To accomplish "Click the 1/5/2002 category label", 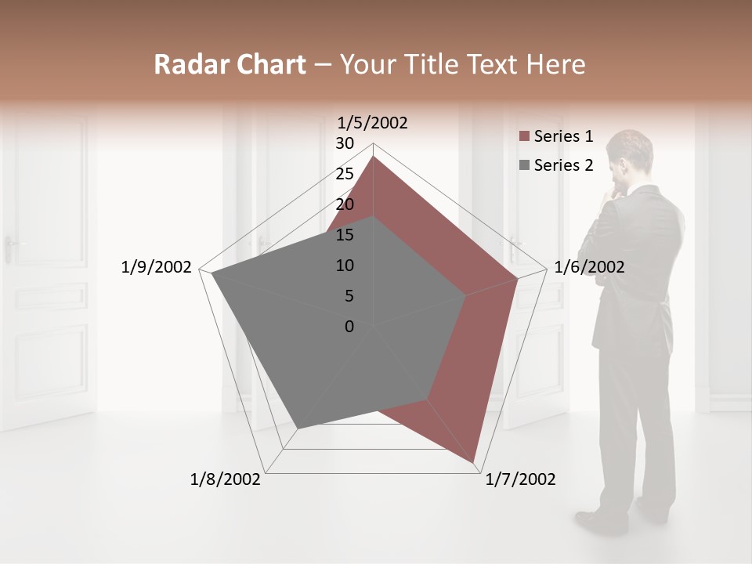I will coord(372,123).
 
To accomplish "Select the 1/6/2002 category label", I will coord(589,267).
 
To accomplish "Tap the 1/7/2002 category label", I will coord(520,479).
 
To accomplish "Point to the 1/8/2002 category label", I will coord(226,479).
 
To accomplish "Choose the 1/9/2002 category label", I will coord(157,267).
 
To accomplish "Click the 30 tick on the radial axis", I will coord(345,143).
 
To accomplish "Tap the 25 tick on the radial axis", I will coord(345,174).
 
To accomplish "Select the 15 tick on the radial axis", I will coord(345,235).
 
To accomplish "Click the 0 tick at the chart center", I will coord(349,327).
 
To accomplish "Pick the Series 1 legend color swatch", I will coord(524,137).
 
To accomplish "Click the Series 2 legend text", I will coord(563,165).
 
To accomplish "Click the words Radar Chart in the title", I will coord(230,64).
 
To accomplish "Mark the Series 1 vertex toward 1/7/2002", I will coord(475,462).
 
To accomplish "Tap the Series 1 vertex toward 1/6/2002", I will coord(517,277).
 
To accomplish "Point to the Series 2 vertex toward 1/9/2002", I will coord(211,273).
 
